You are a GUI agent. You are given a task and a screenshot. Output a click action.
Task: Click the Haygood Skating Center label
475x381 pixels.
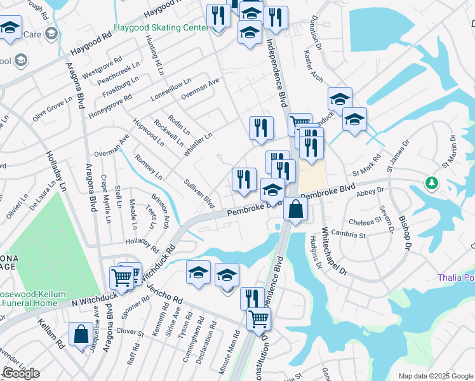click(161, 28)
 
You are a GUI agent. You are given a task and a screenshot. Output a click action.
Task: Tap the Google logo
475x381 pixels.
click(21, 373)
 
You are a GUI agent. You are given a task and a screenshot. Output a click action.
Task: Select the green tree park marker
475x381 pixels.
click(432, 184)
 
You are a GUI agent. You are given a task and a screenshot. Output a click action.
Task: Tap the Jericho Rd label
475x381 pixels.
click(168, 292)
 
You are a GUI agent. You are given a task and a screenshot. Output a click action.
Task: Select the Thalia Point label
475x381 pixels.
click(456, 277)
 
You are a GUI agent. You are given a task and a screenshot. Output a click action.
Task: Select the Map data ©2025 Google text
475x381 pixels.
click(435, 376)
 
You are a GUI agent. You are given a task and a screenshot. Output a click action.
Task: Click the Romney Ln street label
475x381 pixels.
click(149, 166)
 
